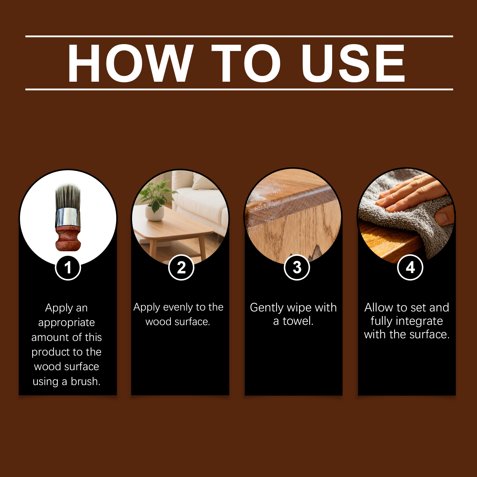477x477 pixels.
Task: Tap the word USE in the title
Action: point(353,63)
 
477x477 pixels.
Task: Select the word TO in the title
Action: point(246,63)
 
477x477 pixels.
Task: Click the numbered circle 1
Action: point(68,267)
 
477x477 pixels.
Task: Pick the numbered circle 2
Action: point(181,267)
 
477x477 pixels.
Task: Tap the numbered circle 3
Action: point(297,267)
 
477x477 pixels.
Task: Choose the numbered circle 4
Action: point(410,267)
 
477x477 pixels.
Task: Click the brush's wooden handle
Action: point(68,238)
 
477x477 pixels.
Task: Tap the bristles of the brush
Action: point(68,196)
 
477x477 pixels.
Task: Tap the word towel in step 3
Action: point(298,321)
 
